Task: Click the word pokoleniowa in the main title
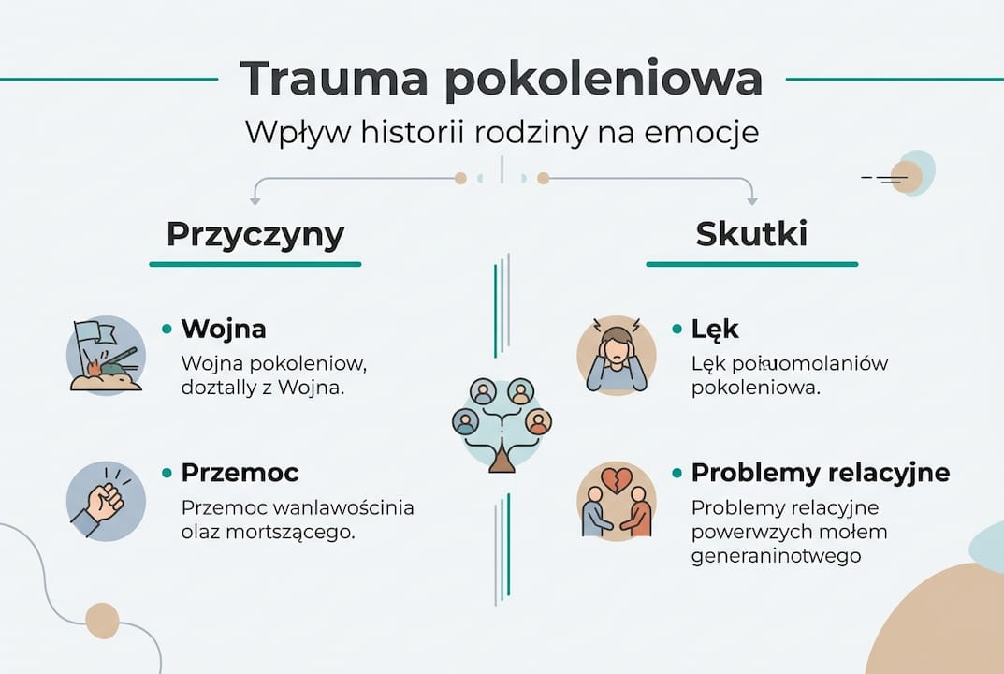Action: pos(604,79)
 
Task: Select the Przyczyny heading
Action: pos(255,234)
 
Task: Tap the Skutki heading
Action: pos(751,234)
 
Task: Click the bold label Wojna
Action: pos(224,329)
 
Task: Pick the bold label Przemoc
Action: pos(240,472)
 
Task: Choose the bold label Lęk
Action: pos(715,329)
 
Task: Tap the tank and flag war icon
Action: pos(106,356)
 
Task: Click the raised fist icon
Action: pos(105,501)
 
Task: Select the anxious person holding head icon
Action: pos(616,356)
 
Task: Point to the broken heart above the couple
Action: pos(616,479)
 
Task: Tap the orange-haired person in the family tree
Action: pos(538,422)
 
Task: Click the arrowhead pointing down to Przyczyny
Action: pos(254,199)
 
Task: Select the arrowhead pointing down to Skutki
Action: pos(751,199)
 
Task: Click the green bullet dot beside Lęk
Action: pos(677,329)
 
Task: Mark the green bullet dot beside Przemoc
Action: pos(167,472)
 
